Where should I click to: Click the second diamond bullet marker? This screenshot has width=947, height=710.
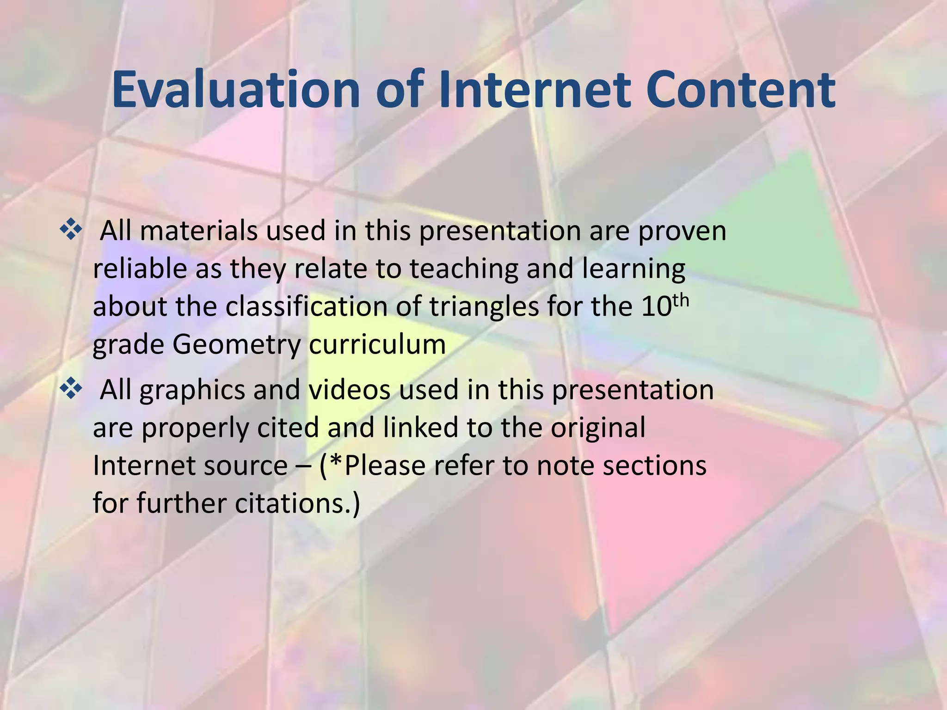[x=71, y=389]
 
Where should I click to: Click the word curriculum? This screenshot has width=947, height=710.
[x=377, y=344]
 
